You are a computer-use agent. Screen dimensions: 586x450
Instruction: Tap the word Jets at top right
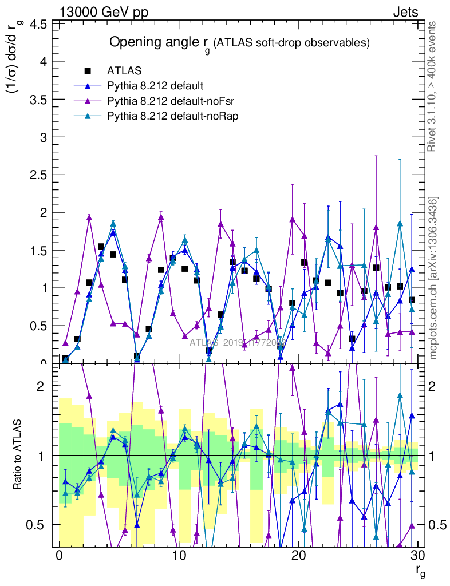(x=405, y=12)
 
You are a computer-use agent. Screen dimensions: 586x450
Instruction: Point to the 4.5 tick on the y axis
(x=38, y=24)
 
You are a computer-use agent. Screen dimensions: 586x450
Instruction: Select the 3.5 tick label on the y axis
(x=38, y=100)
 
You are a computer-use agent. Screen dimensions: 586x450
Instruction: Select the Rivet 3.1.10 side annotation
(x=433, y=86)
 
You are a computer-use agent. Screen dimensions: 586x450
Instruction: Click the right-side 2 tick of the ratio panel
(x=436, y=386)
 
